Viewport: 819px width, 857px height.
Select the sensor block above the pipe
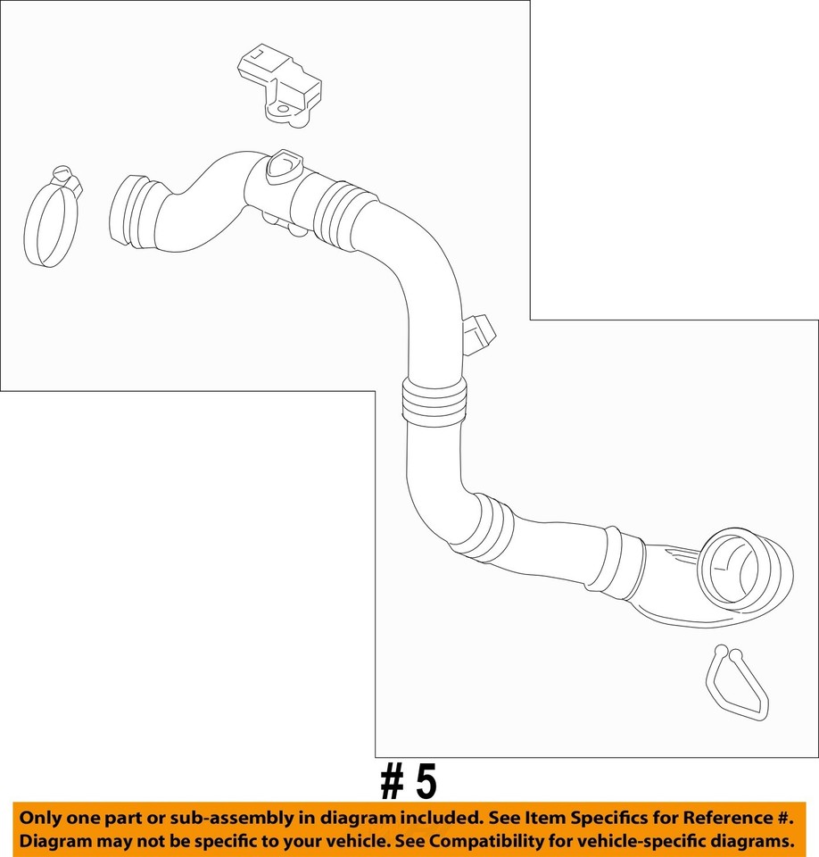[x=278, y=84]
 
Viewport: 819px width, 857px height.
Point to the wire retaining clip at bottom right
[x=736, y=683]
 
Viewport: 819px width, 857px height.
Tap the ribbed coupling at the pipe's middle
[x=434, y=400]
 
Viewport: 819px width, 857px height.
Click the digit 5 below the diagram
[x=426, y=782]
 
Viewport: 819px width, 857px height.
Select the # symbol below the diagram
[x=393, y=782]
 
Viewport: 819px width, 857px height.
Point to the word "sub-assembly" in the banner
[x=212, y=818]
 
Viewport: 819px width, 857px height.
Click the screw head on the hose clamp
[x=62, y=173]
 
